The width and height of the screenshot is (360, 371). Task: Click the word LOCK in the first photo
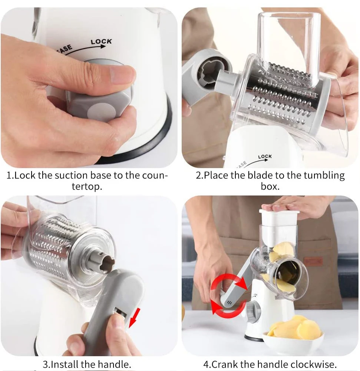(101, 41)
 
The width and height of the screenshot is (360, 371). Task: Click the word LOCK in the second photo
(265, 157)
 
